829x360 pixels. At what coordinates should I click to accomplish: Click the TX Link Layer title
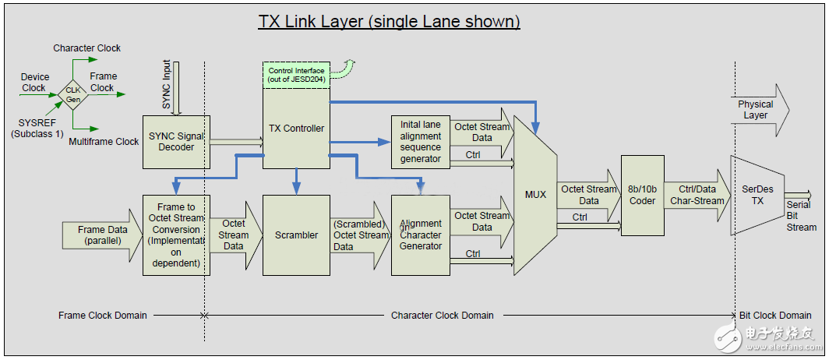[389, 21]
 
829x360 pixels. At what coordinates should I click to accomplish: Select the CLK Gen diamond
[72, 94]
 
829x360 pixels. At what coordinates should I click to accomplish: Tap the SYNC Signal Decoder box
[176, 141]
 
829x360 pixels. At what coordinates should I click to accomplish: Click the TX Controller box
[295, 128]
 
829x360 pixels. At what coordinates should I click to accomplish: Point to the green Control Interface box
[296, 76]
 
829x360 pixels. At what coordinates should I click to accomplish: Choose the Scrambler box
[296, 235]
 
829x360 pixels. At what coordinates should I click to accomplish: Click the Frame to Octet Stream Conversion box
[177, 235]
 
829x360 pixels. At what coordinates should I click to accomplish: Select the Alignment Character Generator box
[421, 235]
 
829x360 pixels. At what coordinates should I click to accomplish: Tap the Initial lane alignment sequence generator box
[421, 141]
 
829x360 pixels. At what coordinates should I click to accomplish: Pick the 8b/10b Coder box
[642, 195]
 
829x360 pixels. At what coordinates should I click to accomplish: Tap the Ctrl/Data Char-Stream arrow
[697, 195]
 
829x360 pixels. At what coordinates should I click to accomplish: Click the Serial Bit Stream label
[801, 216]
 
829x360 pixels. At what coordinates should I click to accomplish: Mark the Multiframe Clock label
[104, 142]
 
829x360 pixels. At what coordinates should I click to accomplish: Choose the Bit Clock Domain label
[774, 316]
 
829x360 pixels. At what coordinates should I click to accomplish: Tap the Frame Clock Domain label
[102, 316]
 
